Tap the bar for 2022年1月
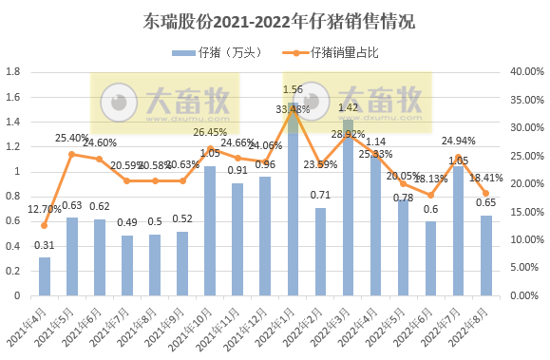coord(293,199)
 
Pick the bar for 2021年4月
coord(45,275)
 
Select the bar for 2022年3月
coord(348,207)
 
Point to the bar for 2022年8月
coord(485,255)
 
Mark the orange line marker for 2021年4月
coord(44,225)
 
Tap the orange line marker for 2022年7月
coord(458,157)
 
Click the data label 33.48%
coord(293,110)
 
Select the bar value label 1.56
coord(294,89)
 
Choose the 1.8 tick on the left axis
coord(13,72)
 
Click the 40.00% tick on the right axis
coord(523,72)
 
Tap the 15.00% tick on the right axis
coord(523,212)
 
